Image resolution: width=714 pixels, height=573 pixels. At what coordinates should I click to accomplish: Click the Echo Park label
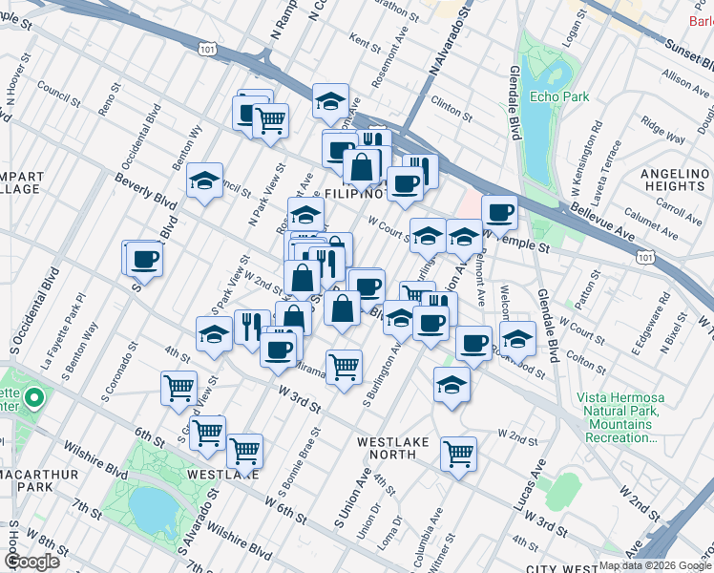pos(560,96)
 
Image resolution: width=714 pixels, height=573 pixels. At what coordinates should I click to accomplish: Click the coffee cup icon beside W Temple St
pos(499,211)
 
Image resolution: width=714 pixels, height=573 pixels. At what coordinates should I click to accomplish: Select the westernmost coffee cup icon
pos(144,258)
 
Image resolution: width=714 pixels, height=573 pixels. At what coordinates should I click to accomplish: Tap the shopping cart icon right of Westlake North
pos(458,453)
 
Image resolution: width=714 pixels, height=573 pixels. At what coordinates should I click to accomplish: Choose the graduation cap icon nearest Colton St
pos(516,338)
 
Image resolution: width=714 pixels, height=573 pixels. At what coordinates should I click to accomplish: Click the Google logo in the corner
pos(31,562)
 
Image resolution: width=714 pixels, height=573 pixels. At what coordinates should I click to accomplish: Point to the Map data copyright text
pos(654,565)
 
